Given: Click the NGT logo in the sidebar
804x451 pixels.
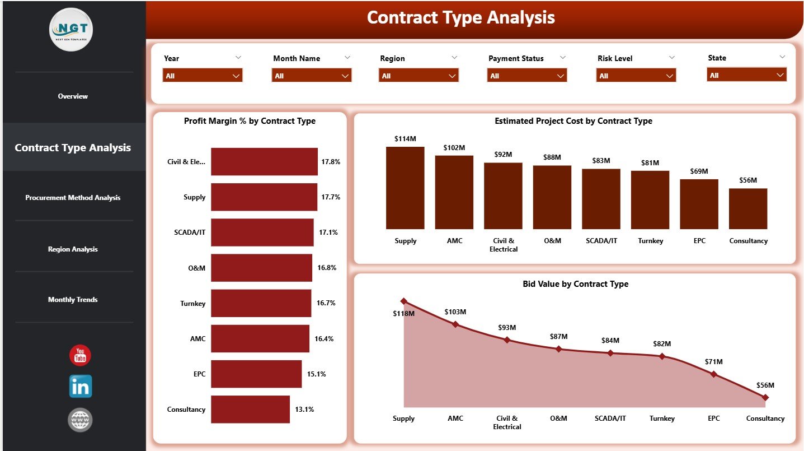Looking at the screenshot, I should point(71,30).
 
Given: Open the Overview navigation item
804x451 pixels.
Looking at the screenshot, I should point(73,96).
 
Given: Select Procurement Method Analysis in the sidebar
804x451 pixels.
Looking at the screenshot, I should point(73,198).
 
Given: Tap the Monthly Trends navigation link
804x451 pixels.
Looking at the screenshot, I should point(73,300).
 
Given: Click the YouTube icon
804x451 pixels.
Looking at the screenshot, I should point(80,356).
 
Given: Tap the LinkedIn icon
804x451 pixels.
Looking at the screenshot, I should point(80,387).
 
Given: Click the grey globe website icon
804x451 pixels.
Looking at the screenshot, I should point(80,420).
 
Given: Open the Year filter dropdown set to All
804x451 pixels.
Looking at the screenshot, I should point(203,76).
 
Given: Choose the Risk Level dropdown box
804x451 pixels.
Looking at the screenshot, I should point(636,76).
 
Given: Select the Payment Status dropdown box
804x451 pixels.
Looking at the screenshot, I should point(526,76).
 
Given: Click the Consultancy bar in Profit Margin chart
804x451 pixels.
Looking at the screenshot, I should point(250,410).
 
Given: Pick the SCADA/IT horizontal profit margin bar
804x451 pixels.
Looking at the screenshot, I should point(262,233).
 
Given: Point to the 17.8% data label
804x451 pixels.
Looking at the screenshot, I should point(331,162).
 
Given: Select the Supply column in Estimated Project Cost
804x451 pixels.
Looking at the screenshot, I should point(405,188).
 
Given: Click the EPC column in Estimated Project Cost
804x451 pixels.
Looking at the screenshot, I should point(699,204).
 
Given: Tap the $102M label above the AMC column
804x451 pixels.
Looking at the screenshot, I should point(454,148).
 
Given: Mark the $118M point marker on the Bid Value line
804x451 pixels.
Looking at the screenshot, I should point(404,301).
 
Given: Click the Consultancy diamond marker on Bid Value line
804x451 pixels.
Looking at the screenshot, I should point(765,397).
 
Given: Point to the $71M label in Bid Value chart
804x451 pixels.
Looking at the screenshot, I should point(713,362).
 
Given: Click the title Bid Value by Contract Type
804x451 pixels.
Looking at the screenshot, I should point(575,284).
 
